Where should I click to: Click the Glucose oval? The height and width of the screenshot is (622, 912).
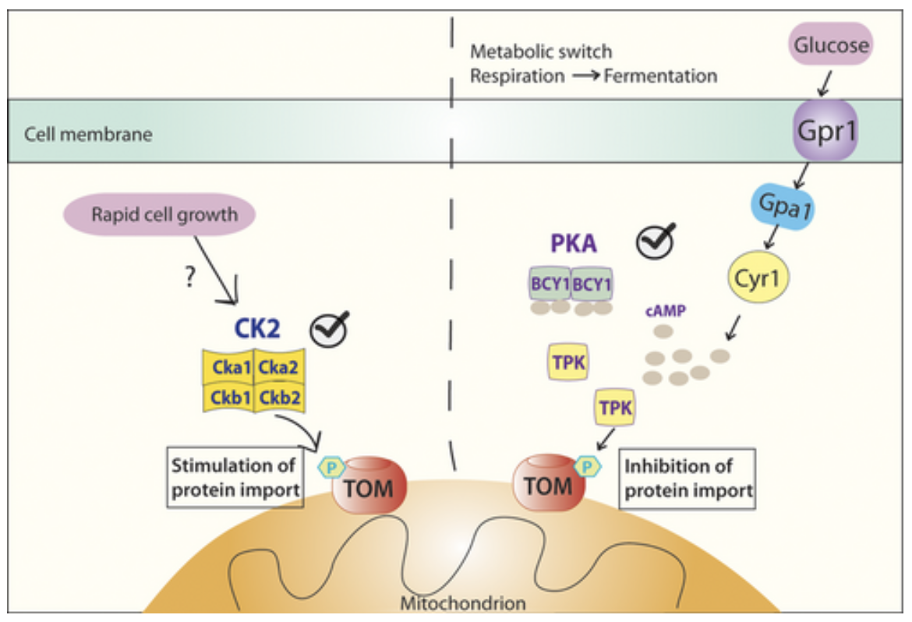(831, 44)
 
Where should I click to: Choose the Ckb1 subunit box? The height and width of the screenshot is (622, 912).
(227, 398)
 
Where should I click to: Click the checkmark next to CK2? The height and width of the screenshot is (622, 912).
(329, 329)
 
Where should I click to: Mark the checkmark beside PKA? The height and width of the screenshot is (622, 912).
(655, 241)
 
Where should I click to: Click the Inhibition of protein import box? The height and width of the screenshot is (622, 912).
(688, 479)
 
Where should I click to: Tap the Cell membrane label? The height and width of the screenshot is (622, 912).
(88, 134)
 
